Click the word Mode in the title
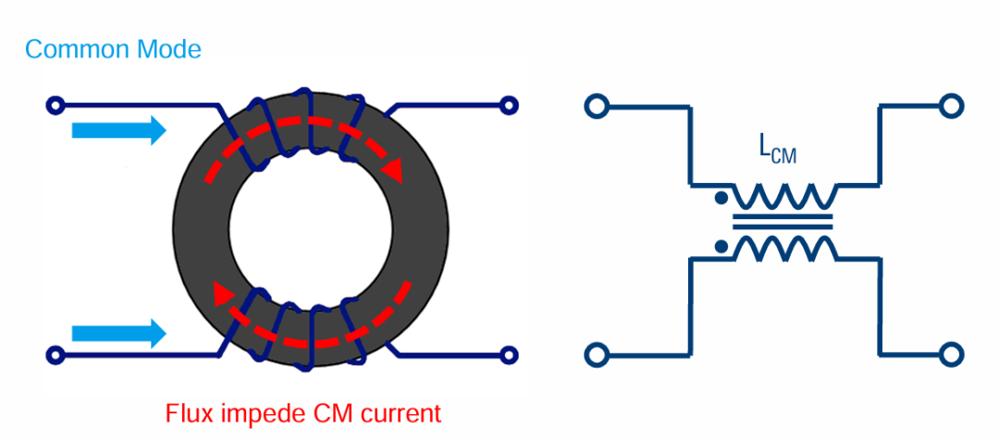pyautogui.click(x=168, y=49)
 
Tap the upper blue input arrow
pyautogui.click(x=118, y=131)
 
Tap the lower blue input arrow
pyautogui.click(x=118, y=331)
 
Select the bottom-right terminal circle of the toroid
pyautogui.click(x=508, y=354)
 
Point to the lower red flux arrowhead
pyautogui.click(x=223, y=294)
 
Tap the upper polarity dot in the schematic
pyautogui.click(x=719, y=198)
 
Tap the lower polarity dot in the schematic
pyautogui.click(x=719, y=247)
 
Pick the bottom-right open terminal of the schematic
pyautogui.click(x=950, y=354)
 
